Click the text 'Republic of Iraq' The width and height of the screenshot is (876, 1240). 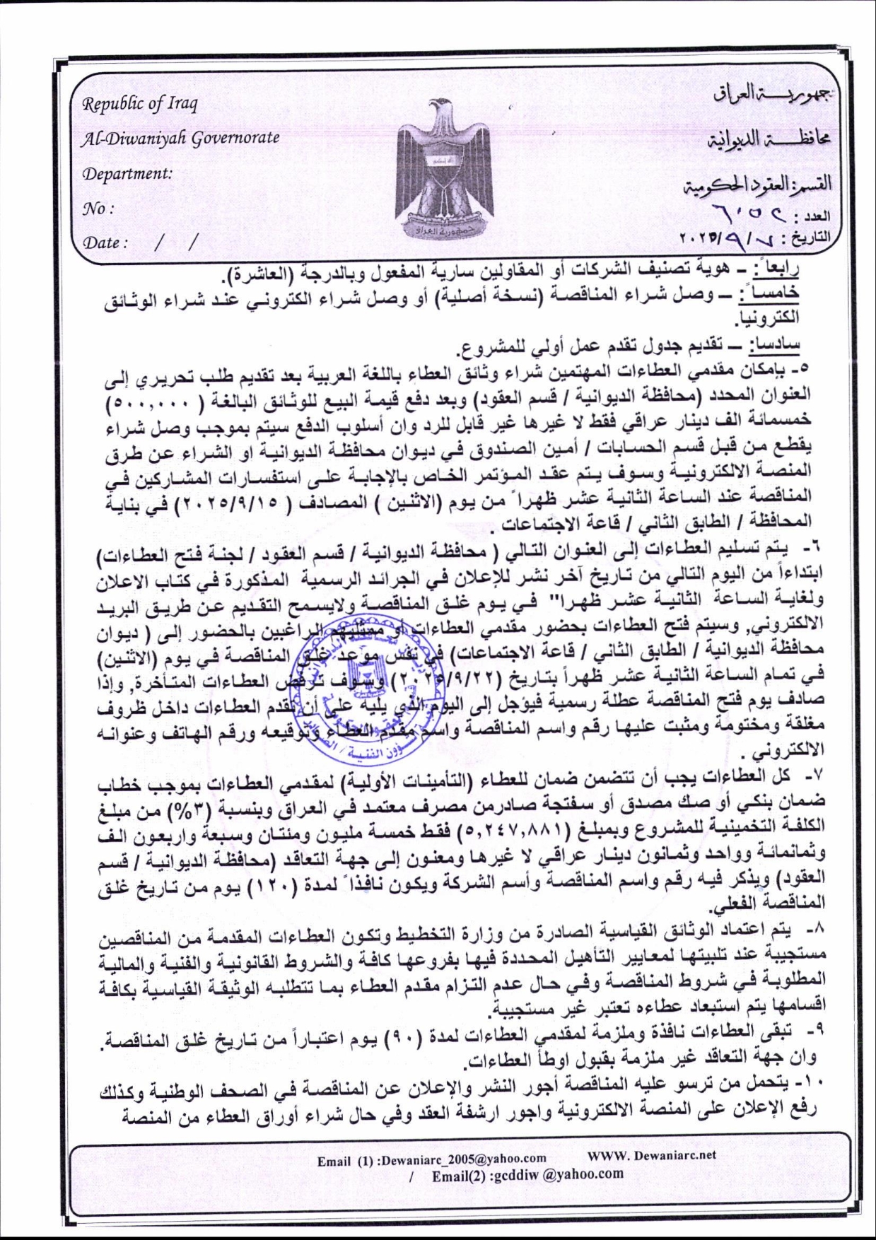[140, 103]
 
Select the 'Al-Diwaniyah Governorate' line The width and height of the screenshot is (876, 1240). [180, 137]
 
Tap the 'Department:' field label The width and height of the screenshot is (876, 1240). [127, 173]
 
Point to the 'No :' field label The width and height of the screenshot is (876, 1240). [98, 209]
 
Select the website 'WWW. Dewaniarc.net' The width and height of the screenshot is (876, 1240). [651, 1154]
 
